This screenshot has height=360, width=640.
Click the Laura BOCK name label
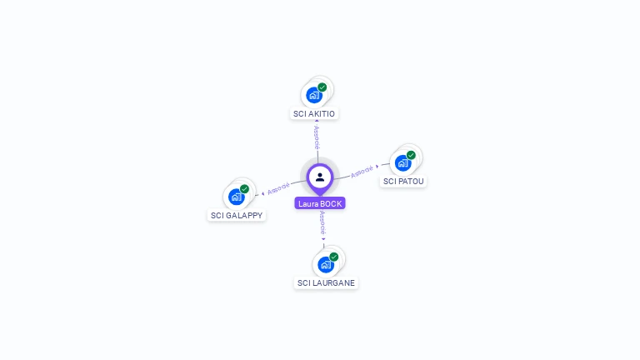click(x=320, y=203)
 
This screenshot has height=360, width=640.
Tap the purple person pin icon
click(x=320, y=177)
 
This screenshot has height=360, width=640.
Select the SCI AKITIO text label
click(x=315, y=113)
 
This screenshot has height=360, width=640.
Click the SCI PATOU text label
click(x=404, y=181)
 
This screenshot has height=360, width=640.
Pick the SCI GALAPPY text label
click(x=237, y=215)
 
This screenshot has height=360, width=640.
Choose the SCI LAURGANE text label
click(x=326, y=282)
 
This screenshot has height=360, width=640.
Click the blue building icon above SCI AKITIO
click(x=313, y=94)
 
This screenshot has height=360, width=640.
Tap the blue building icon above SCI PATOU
click(x=402, y=162)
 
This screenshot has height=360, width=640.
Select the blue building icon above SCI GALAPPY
click(x=236, y=197)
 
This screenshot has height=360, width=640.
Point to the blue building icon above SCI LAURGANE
click(x=325, y=264)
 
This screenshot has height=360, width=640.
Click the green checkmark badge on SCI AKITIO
click(x=322, y=87)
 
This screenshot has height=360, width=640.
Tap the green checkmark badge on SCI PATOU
click(x=411, y=155)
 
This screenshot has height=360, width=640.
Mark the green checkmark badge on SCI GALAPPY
click(x=244, y=189)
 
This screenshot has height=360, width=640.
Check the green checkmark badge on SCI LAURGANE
click(x=334, y=257)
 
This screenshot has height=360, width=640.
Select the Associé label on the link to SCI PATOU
click(x=362, y=172)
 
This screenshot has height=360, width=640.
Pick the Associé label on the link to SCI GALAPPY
click(x=279, y=188)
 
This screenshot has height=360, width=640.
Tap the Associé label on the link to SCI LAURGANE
click(x=323, y=223)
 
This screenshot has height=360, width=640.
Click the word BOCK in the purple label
click(x=331, y=203)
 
